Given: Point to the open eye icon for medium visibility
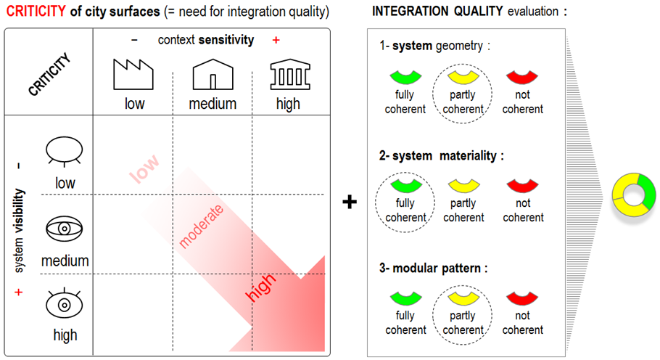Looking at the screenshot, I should [x=65, y=229].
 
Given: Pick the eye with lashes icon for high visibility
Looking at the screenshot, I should [x=65, y=304].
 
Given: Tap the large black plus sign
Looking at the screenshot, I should [x=350, y=202].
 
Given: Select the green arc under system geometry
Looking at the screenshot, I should [x=405, y=75].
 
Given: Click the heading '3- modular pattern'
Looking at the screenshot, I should [x=433, y=268].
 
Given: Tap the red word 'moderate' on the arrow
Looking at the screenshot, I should [x=201, y=226].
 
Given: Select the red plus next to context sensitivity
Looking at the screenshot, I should [x=276, y=40].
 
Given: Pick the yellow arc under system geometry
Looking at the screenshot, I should [x=463, y=75].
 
